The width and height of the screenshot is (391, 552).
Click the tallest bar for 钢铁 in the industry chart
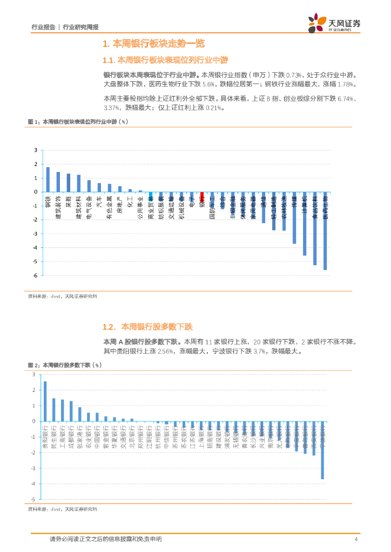pos(48,180)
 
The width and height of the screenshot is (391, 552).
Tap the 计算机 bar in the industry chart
pos(305,223)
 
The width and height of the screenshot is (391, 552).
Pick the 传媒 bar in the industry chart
pos(294,218)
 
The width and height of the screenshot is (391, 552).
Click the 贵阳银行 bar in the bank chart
pos(45,401)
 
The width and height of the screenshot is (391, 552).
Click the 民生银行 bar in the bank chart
pos(53,410)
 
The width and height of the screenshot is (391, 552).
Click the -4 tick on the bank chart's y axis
pos(33,484)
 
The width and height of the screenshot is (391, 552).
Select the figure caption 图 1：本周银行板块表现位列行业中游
pos(77,122)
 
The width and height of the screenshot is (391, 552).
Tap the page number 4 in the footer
pos(356,539)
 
